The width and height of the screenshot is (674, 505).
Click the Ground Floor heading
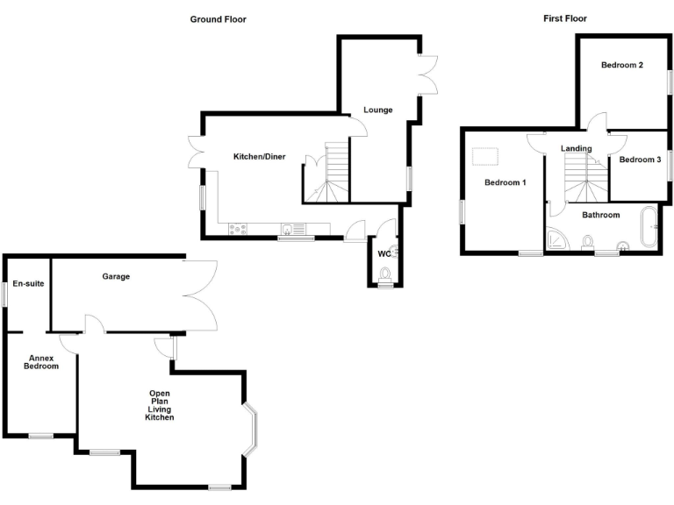(219, 18)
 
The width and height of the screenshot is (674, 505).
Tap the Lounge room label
(378, 110)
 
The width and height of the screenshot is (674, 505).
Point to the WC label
(383, 254)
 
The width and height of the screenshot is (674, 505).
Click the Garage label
(115, 277)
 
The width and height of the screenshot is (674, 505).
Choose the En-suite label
(27, 284)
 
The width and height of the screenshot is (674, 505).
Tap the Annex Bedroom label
(41, 362)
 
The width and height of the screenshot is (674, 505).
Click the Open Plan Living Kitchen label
(160, 405)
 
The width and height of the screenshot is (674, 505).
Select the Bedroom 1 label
(505, 182)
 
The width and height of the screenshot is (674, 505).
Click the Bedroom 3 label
(640, 160)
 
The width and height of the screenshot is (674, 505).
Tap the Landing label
(576, 148)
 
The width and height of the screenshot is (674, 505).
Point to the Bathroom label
(601, 215)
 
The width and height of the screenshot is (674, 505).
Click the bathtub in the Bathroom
(651, 228)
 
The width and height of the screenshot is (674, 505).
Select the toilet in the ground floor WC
(384, 274)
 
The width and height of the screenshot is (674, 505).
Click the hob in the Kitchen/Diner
(238, 230)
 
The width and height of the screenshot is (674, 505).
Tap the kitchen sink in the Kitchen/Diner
(289, 230)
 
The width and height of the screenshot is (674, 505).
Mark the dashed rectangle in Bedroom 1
(485, 157)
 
